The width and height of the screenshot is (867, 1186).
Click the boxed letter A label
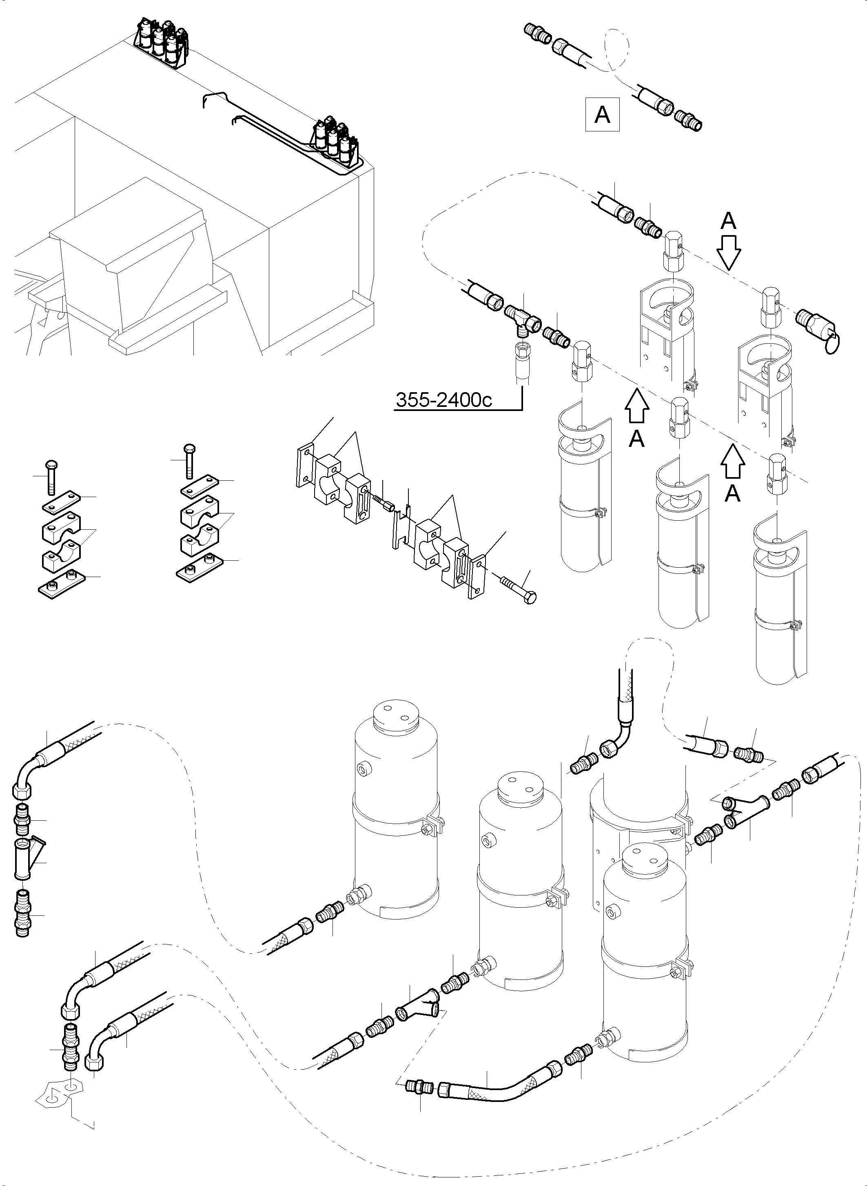[x=602, y=114]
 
